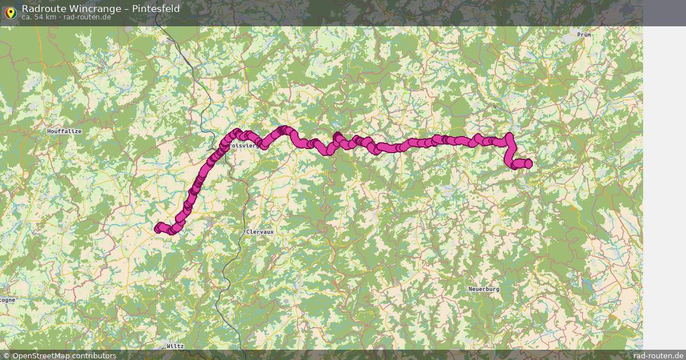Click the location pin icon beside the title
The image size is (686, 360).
pyautogui.click(x=10, y=13)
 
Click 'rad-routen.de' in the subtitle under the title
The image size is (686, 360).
pyautogui.click(x=87, y=17)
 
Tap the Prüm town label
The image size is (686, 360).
pyautogui.click(x=584, y=35)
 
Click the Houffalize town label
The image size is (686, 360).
pyautogui.click(x=65, y=131)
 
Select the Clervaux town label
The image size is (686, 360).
pyautogui.click(x=260, y=232)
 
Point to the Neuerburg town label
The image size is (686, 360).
pyautogui.click(x=484, y=289)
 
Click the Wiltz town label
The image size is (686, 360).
pyautogui.click(x=176, y=346)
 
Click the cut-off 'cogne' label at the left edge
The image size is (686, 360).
pyautogui.click(x=7, y=299)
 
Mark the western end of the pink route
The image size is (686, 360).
pyautogui.click(x=158, y=229)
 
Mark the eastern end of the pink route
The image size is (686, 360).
pyautogui.click(x=528, y=164)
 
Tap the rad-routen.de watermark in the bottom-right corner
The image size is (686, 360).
pyautogui.click(x=659, y=355)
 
